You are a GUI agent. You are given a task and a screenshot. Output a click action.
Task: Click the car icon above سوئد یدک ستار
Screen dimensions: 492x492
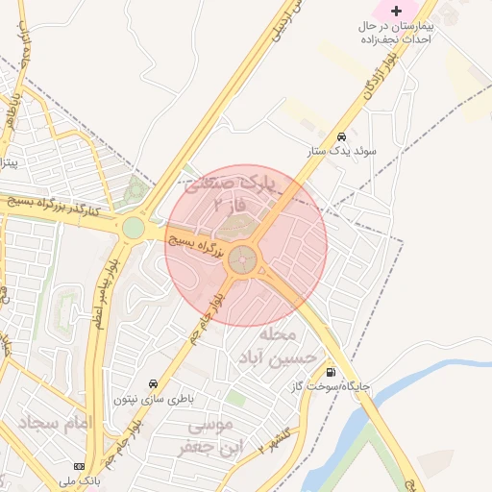tap(342, 135)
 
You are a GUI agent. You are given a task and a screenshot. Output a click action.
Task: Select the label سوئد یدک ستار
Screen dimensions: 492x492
tap(342, 151)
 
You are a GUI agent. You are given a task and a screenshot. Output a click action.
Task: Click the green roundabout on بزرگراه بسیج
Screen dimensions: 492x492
tap(133, 228)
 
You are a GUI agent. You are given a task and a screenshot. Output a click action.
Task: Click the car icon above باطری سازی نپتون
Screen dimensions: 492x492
tap(154, 382)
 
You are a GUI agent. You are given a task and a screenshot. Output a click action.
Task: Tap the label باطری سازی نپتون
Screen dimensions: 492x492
tap(154, 398)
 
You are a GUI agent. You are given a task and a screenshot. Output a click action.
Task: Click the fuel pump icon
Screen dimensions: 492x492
tap(332, 373)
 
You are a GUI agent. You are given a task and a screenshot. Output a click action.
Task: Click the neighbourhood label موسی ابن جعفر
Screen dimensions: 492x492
tap(209, 436)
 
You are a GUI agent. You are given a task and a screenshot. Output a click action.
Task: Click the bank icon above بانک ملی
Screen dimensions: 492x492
tap(79, 466)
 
